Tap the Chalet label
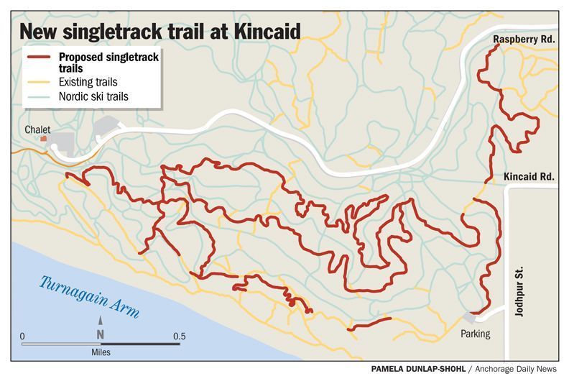37,129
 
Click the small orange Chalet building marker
44,138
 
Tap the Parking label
476,334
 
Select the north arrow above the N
101,322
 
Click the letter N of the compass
101,334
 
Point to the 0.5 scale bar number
179,336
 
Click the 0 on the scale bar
23,336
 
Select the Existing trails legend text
88,83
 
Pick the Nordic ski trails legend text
93,96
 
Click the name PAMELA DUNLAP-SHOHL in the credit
417,369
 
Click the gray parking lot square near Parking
470,317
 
